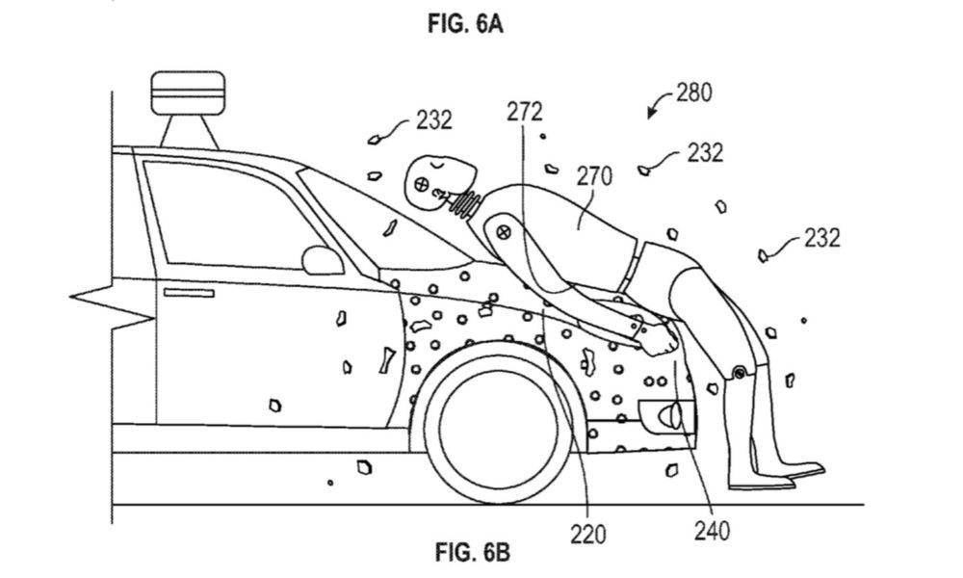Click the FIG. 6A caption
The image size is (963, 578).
[x=465, y=25]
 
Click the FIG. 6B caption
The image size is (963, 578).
[x=473, y=552]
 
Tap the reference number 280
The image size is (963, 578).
[x=694, y=92]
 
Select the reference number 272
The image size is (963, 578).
[x=525, y=112]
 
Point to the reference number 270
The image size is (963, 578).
[x=594, y=176]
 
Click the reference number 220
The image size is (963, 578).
[x=587, y=534]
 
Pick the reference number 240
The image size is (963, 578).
[x=713, y=531]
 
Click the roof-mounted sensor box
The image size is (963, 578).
[x=188, y=92]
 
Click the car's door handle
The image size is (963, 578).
[x=189, y=293]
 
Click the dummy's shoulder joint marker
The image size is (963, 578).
[x=504, y=232]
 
